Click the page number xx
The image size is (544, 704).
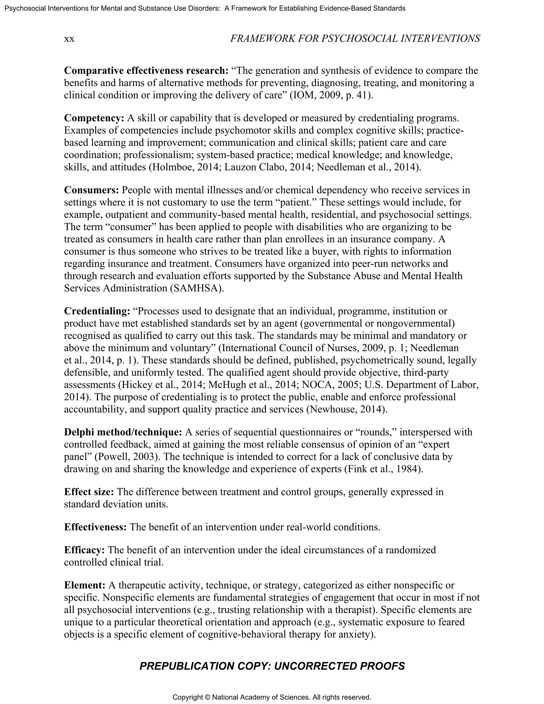(x=69, y=39)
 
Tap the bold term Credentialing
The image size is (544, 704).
(x=97, y=311)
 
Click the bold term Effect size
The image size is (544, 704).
(x=89, y=492)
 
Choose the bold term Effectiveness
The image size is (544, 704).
(x=95, y=527)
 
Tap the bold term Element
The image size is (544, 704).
(x=85, y=585)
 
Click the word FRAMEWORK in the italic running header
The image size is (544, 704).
(x=262, y=39)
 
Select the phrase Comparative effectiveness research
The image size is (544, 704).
(x=146, y=71)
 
